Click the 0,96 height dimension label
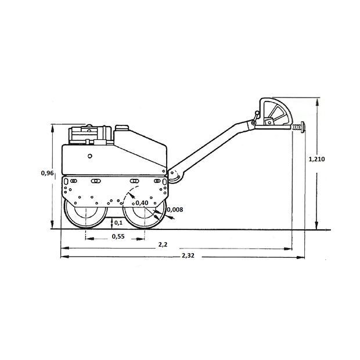pos(47,173)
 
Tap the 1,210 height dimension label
pos(316,159)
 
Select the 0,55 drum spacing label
pos(118,236)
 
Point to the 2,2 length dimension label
pos(163,245)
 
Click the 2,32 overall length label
pos(188,255)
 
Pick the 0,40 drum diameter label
pos(142,203)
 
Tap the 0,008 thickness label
pos(175,210)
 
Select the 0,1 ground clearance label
pos(118,223)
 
